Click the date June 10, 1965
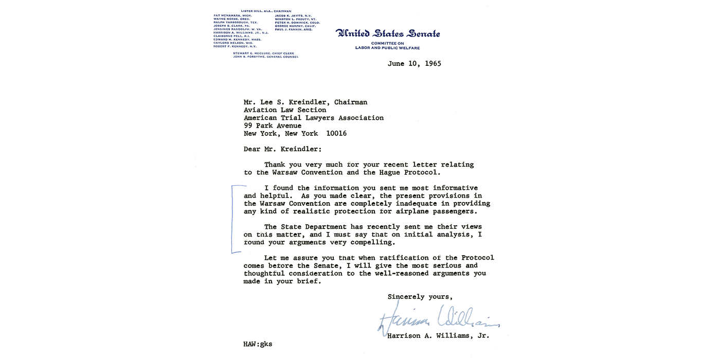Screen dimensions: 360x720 coord(414,64)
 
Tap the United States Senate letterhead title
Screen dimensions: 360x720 coord(388,34)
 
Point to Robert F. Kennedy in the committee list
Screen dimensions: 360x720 coord(235,46)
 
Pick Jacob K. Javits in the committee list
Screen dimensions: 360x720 coord(293,16)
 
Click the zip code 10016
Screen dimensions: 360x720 coord(336,133)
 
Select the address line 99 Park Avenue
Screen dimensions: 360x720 coord(273,125)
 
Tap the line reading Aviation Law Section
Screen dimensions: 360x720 coord(285,110)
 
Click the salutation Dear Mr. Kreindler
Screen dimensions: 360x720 coord(282,149)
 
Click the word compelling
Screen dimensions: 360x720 coord(370,242)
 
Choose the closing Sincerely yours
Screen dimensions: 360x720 coord(420,297)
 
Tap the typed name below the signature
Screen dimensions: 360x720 coord(438,336)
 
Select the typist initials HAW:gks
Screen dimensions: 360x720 coord(258,344)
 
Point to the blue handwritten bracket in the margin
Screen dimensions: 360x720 coord(234,219)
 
